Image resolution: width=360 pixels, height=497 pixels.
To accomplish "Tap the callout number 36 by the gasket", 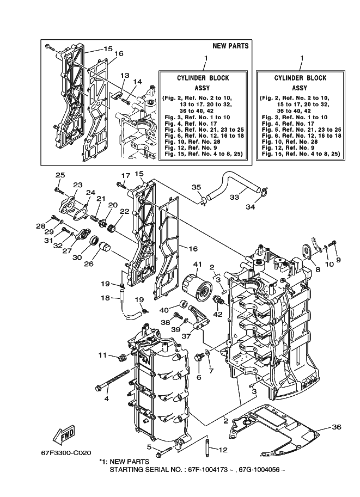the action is tap(337, 427).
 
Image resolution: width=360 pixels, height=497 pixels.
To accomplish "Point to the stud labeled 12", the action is tap(207, 447).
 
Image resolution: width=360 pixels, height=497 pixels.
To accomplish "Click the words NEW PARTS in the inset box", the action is tap(230, 46).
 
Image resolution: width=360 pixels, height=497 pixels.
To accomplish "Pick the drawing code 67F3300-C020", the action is tap(66, 453).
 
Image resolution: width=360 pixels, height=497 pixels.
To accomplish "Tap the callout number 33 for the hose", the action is tap(234, 197).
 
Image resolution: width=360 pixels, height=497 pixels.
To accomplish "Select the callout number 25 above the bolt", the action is tap(60, 175).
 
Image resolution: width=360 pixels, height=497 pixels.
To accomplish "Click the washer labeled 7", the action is tap(207, 353).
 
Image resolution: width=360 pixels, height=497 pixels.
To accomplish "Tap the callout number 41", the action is tap(198, 264).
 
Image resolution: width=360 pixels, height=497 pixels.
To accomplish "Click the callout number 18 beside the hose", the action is tap(105, 298).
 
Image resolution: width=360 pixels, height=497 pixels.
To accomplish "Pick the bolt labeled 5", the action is tap(164, 451).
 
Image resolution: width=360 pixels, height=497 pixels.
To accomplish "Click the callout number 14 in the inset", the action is tap(137, 82).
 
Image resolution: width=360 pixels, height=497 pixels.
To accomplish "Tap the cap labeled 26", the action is tap(103, 247).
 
